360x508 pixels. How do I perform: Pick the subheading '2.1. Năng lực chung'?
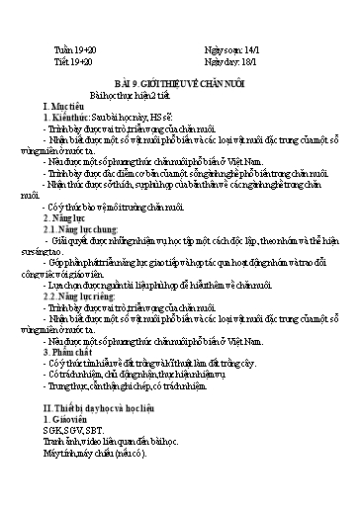94,226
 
